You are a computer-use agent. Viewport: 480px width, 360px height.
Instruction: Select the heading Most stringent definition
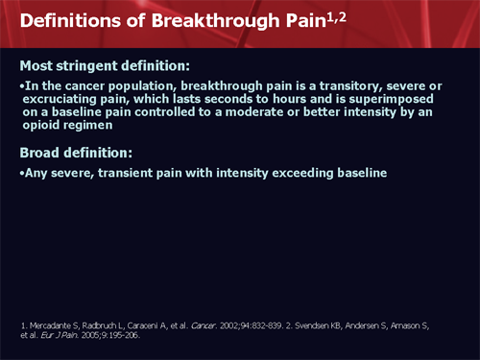(x=106, y=66)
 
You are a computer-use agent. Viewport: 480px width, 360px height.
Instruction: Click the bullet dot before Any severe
(x=22, y=173)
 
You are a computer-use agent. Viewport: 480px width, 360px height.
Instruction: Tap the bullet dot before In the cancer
(x=22, y=85)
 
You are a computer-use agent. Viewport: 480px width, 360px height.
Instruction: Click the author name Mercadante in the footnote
(x=52, y=325)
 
